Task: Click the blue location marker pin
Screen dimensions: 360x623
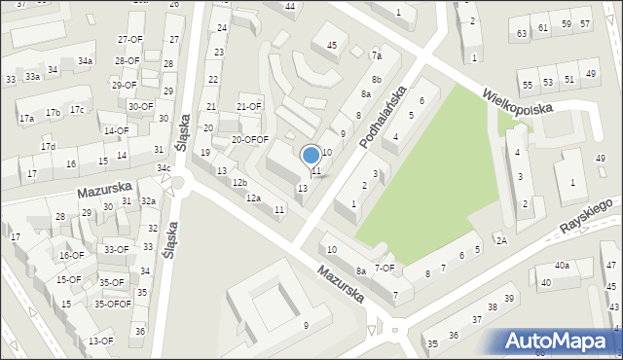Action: tap(311, 155)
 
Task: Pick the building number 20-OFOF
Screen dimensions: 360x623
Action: tap(249, 139)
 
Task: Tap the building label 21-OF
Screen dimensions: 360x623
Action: tap(249, 107)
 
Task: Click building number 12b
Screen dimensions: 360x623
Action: tap(239, 183)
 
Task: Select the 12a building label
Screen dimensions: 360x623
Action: tap(253, 198)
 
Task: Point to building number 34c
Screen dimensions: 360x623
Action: tap(164, 168)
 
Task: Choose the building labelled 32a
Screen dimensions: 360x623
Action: tap(148, 201)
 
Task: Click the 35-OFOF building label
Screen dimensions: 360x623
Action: tap(112, 304)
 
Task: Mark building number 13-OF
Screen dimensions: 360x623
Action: tap(100, 342)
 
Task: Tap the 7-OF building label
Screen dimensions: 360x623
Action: tap(385, 268)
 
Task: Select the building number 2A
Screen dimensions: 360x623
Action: tap(501, 240)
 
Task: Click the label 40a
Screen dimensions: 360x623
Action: tap(562, 265)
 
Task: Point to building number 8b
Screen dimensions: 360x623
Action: tap(376, 79)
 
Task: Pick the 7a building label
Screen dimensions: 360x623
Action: tap(376, 55)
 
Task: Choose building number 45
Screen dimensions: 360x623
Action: tap(332, 45)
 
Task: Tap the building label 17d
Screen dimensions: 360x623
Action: tap(48, 146)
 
